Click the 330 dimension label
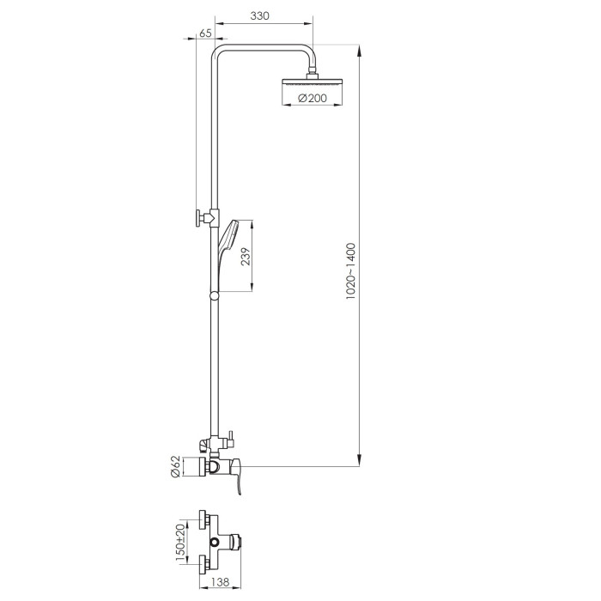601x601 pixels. [259, 15]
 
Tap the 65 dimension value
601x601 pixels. [205, 33]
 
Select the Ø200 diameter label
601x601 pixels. [312, 98]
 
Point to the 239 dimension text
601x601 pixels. [246, 257]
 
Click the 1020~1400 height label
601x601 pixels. [350, 271]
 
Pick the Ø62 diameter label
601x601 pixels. [175, 466]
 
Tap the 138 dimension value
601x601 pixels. [220, 582]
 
